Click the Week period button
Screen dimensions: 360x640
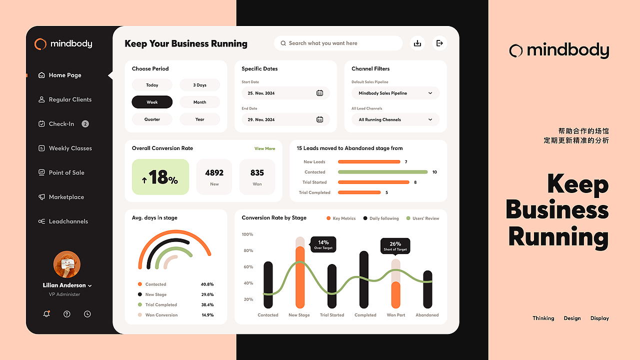pos(152,102)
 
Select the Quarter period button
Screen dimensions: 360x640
pos(152,119)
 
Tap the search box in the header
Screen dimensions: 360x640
pos(338,43)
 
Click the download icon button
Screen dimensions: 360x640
pos(417,43)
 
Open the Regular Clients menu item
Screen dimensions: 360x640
pos(70,99)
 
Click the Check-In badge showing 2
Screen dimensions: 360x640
pos(85,124)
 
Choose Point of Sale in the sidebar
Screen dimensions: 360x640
pos(66,172)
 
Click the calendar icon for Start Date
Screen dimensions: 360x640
pos(320,93)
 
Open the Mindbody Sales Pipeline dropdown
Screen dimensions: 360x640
pos(395,93)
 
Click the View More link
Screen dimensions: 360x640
pos(264,148)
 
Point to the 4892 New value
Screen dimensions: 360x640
pos(214,173)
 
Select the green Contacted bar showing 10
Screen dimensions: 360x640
pos(382,172)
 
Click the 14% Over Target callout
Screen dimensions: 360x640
pos(323,244)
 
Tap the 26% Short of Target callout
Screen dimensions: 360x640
pos(395,245)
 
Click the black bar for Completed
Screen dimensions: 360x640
pos(364,280)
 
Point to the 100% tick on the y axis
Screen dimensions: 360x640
pos(247,234)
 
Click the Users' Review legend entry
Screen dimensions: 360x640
pos(422,218)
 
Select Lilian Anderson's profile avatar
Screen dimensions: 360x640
pos(66,264)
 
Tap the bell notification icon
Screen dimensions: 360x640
pos(46,314)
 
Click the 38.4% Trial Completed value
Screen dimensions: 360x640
pos(207,305)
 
